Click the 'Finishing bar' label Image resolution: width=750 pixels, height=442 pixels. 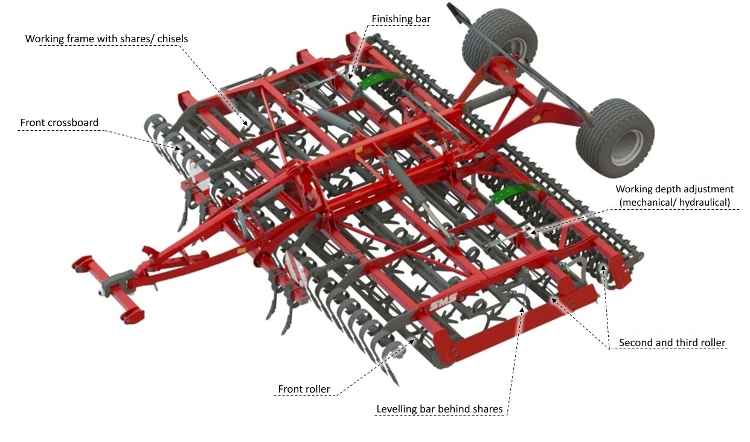click(401, 19)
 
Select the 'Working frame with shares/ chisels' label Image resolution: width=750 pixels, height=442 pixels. click(106, 39)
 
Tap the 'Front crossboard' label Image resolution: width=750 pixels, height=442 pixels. click(59, 122)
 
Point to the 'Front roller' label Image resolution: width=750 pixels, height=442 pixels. click(304, 389)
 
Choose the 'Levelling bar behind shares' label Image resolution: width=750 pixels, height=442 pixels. click(439, 409)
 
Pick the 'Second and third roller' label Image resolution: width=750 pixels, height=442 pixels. click(672, 343)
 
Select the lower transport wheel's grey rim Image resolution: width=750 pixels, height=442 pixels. click(627, 148)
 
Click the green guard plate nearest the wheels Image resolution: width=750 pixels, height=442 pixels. click(381, 80)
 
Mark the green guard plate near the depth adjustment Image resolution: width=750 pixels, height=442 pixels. click(512, 191)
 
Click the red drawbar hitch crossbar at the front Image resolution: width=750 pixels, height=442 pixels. click(108, 289)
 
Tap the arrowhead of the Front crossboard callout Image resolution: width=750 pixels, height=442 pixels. click(178, 148)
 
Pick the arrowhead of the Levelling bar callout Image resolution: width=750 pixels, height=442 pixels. click(522, 309)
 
